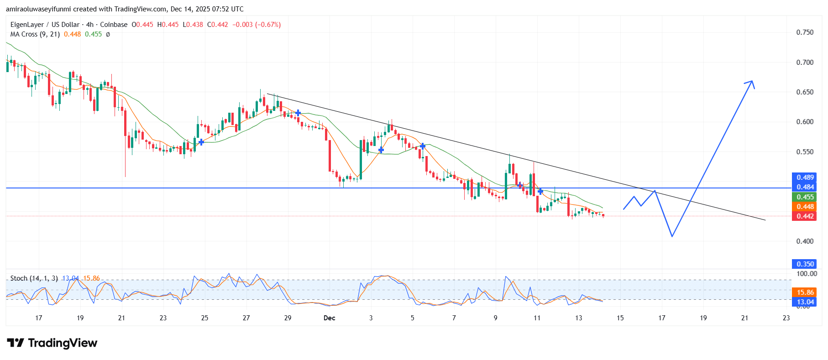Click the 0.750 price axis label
(x=805, y=32)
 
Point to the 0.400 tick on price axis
(x=805, y=241)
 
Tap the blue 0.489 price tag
(x=805, y=177)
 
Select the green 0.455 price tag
(x=805, y=197)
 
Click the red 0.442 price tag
(x=805, y=216)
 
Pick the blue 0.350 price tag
(x=805, y=264)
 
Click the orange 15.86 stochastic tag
(x=805, y=292)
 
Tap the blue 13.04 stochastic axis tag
(x=805, y=302)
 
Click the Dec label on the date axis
(x=329, y=318)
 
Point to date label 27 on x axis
(x=246, y=318)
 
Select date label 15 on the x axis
(x=620, y=318)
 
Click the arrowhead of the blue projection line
(x=752, y=82)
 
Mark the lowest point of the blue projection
(x=672, y=236)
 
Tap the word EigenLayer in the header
(x=27, y=25)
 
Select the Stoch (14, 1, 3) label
(x=34, y=278)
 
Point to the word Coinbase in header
(x=114, y=25)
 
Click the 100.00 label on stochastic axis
(x=806, y=274)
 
